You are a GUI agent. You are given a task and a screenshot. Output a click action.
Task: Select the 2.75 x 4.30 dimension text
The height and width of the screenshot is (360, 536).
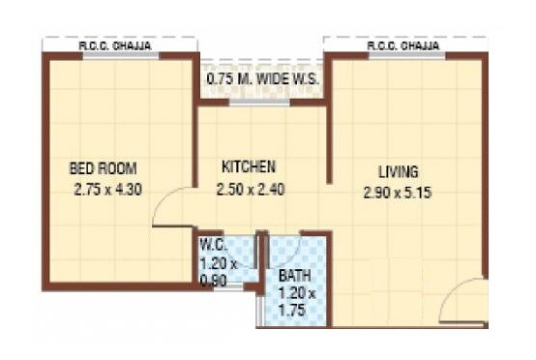(107, 191)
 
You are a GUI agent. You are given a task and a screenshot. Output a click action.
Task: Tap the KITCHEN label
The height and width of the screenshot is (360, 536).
(248, 166)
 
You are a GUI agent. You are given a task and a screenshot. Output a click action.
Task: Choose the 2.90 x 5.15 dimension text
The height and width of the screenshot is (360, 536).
(397, 192)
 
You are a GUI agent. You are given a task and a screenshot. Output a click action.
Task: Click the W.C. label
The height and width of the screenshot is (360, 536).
(212, 244)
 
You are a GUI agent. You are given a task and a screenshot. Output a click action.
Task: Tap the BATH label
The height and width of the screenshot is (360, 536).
(294, 275)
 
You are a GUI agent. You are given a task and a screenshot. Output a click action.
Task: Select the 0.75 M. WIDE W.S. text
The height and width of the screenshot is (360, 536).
(262, 77)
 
